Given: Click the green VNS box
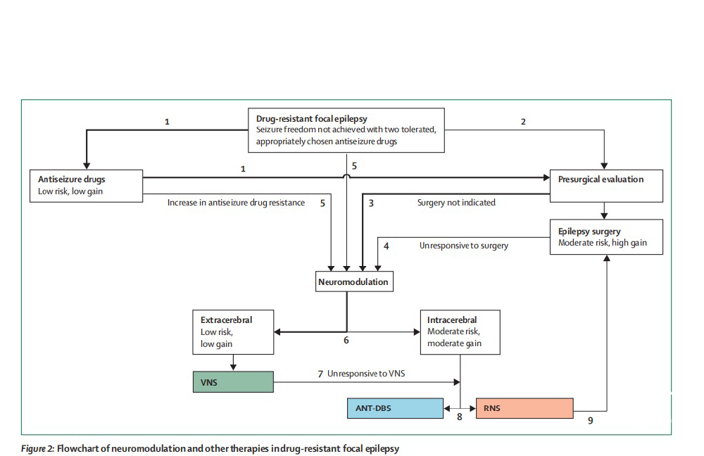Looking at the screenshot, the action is [233, 382].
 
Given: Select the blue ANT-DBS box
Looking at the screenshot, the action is [395, 408].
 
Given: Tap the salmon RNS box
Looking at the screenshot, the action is [524, 408].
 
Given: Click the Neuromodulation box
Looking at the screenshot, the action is [354, 281].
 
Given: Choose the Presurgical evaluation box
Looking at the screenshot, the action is [606, 186].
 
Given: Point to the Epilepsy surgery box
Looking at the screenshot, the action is [606, 237].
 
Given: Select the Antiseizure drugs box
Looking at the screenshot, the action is [86, 186].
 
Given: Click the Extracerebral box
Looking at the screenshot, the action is [233, 332].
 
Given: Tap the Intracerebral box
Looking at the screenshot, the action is [460, 332].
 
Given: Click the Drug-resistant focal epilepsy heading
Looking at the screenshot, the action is [312, 118].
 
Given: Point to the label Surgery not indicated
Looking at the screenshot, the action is [456, 203].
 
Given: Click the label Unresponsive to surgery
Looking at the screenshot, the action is [464, 246].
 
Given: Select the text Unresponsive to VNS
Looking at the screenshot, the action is [366, 374].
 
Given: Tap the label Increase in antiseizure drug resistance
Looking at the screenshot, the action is [236, 203].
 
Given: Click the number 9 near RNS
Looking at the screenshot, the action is [591, 421].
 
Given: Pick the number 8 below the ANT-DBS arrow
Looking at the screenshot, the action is [459, 417].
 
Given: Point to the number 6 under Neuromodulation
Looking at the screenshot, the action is [346, 340].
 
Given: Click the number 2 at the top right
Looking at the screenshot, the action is [523, 122].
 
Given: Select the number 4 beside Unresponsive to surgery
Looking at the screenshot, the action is [386, 246].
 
